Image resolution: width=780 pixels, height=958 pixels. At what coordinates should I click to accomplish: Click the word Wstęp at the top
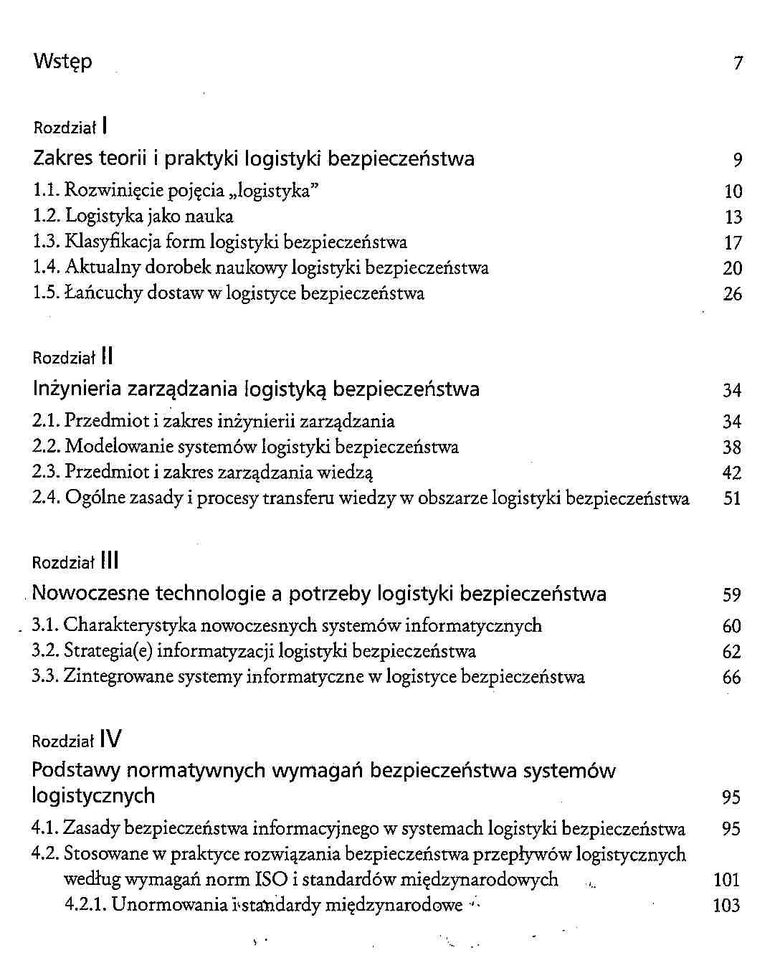coord(62,62)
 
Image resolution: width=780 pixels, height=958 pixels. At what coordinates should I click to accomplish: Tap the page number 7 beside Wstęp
coord(738,63)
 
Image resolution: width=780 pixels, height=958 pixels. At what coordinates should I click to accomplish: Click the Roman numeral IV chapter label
coord(111,739)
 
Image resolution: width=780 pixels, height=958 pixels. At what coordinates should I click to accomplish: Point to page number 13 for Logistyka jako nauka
coord(733,217)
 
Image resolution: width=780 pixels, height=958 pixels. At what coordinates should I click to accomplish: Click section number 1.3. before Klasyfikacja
coord(47,242)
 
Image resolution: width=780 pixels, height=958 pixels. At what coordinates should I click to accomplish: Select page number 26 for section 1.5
coord(733,294)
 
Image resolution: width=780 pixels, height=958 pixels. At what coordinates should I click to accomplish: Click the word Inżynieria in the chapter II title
coord(77,389)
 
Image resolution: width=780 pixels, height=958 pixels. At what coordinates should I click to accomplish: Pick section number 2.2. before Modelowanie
coord(47,447)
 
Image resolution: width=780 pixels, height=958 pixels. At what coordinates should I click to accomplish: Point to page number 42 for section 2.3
coord(732,473)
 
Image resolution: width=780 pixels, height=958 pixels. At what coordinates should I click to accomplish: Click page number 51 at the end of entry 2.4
coord(732,498)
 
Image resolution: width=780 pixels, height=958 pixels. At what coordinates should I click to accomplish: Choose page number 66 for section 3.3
coord(731,678)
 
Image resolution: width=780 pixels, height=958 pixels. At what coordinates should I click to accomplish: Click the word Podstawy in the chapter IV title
coord(76,772)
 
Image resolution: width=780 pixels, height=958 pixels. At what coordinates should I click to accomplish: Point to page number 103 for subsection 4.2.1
coord(727,906)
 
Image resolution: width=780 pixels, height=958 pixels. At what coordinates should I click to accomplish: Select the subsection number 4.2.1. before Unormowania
coord(85,905)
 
